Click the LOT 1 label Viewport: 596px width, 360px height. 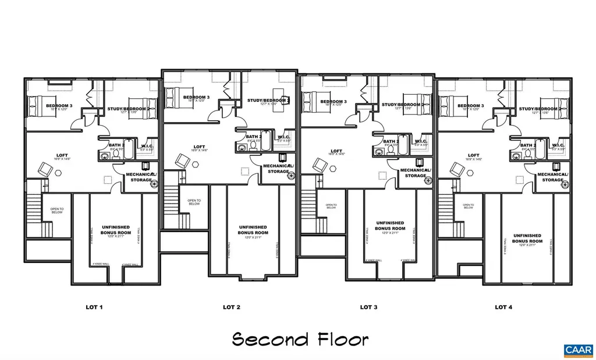[x=94, y=306]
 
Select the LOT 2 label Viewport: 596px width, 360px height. [x=231, y=306]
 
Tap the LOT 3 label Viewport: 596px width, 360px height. [x=369, y=306]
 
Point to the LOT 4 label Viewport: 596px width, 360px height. [x=503, y=306]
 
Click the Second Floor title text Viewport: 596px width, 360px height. [x=300, y=338]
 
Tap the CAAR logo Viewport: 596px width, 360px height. [x=578, y=350]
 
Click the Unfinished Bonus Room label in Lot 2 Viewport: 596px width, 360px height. [x=253, y=230]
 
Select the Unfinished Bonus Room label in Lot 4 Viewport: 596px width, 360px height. [x=527, y=238]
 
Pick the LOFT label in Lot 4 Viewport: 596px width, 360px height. [x=473, y=156]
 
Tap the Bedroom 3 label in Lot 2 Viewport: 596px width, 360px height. [x=197, y=98]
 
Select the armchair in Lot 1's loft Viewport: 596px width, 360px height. [x=45, y=169]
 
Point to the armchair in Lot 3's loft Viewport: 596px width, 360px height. [x=319, y=165]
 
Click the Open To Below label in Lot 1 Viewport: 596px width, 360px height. [x=56, y=211]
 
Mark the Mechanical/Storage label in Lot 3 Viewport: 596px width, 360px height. [x=415, y=173]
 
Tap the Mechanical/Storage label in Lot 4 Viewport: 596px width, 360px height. [x=552, y=177]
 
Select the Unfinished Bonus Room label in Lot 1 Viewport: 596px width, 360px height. [x=116, y=230]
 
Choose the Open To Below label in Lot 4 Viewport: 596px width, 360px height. [x=468, y=206]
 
